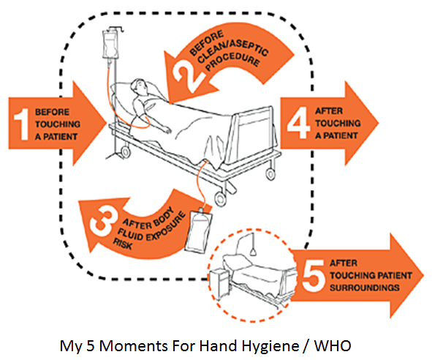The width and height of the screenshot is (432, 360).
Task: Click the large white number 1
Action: (22, 124)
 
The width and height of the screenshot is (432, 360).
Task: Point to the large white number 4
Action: (298, 122)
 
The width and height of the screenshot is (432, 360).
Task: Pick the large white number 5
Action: (314, 275)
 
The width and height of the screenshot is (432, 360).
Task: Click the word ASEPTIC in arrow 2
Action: (249, 48)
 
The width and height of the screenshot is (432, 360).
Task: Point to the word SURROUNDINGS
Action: (365, 288)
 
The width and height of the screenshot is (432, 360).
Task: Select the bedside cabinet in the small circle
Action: (219, 284)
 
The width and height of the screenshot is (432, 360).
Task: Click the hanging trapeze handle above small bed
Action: (253, 252)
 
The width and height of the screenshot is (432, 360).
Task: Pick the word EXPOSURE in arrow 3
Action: (166, 227)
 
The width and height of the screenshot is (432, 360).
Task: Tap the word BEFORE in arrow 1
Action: (52, 112)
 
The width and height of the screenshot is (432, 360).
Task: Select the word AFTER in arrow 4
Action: (329, 111)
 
